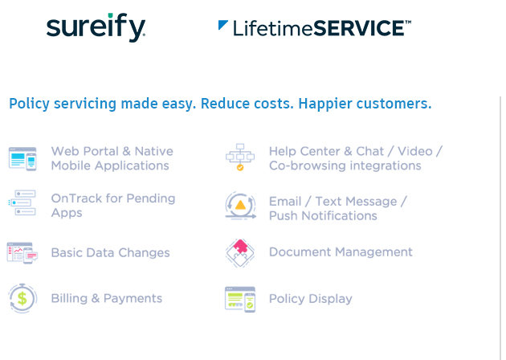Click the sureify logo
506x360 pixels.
pyautogui.click(x=96, y=27)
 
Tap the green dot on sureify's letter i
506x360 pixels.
pyautogui.click(x=110, y=15)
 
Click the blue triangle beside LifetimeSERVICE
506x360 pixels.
pyautogui.click(x=222, y=25)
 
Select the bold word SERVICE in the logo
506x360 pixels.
pyautogui.click(x=359, y=28)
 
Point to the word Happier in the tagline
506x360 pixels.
pyautogui.click(x=325, y=104)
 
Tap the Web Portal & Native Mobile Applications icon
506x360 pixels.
pyautogui.click(x=22, y=159)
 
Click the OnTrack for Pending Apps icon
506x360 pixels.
pyautogui.click(x=22, y=202)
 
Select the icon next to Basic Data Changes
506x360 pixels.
pyautogui.click(x=22, y=253)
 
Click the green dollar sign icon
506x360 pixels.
pyautogui.click(x=22, y=298)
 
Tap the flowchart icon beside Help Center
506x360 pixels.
pyautogui.click(x=240, y=157)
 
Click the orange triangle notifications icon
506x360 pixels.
pyautogui.click(x=241, y=206)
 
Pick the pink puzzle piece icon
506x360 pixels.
pyautogui.click(x=240, y=253)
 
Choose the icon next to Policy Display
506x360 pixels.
pyautogui.click(x=240, y=299)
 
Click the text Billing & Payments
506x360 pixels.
pyautogui.click(x=107, y=298)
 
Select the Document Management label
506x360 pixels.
pyautogui.click(x=341, y=252)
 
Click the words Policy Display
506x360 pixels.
pyautogui.click(x=311, y=299)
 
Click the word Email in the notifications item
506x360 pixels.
pyautogui.click(x=285, y=202)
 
